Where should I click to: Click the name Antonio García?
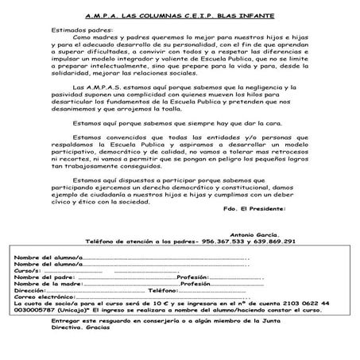coord(257,236)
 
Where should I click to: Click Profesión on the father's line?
coord(197,277)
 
